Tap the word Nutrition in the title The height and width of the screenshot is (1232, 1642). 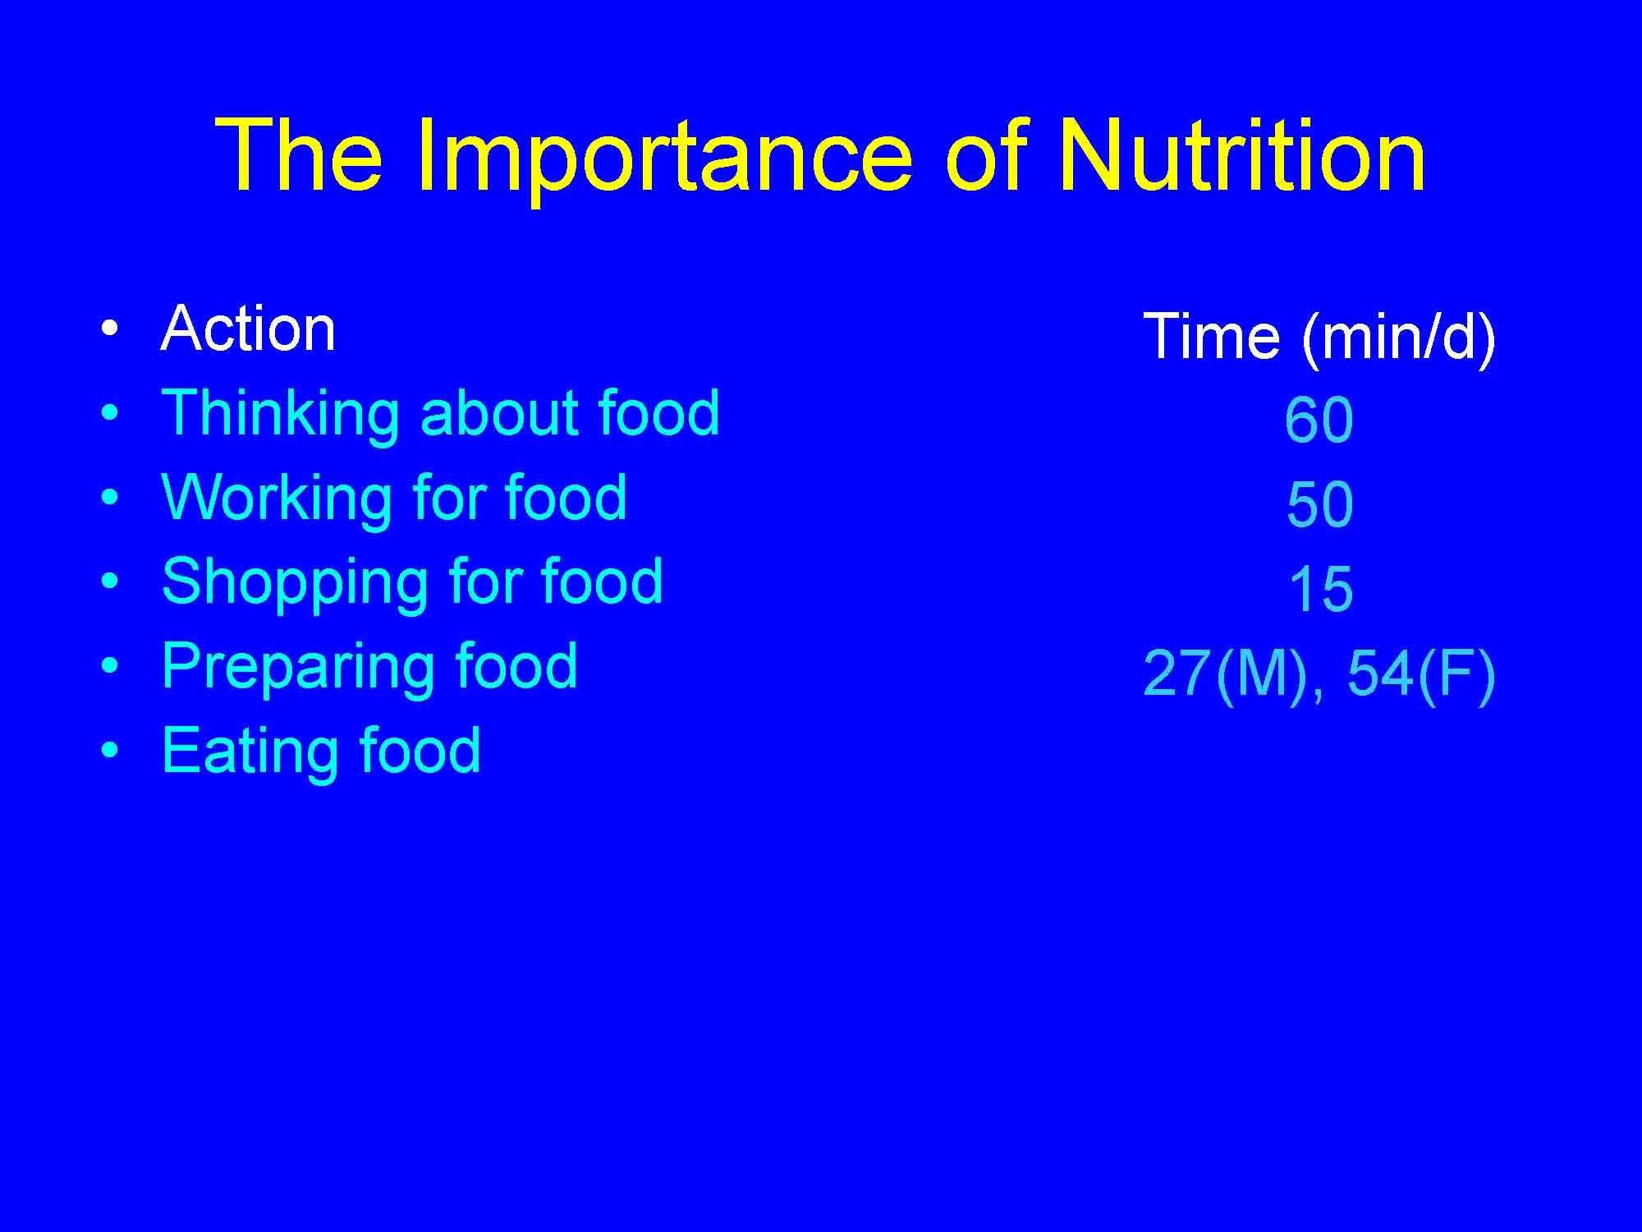tap(1241, 156)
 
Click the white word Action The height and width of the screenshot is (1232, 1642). tap(248, 329)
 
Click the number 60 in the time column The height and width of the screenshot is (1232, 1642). tap(1319, 421)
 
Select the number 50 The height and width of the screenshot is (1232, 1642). tap(1319, 504)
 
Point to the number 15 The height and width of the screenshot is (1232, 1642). tap(1319, 590)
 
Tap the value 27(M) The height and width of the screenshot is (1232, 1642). tap(1224, 673)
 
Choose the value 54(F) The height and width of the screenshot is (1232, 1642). tap(1421, 673)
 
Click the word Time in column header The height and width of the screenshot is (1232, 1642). tap(1211, 336)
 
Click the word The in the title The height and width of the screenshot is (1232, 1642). tap(299, 156)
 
